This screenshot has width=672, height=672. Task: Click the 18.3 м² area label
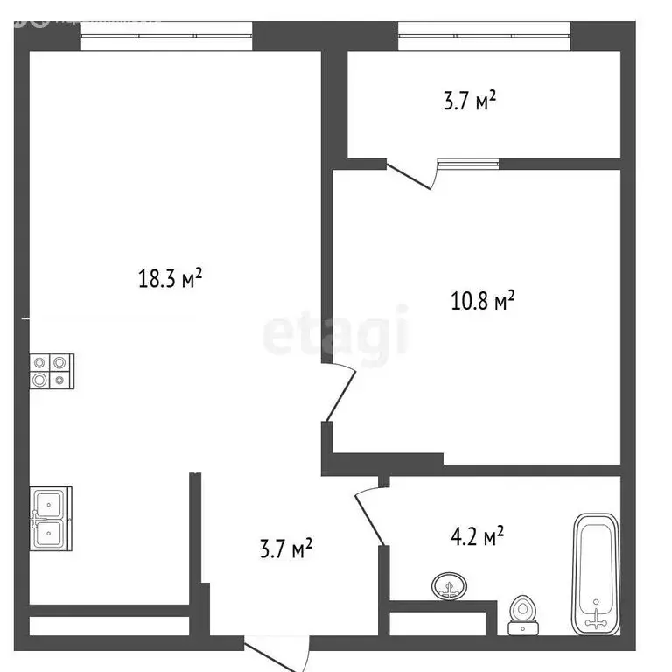(171, 279)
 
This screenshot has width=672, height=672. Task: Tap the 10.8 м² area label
(480, 303)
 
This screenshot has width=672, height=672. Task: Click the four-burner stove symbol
(51, 371)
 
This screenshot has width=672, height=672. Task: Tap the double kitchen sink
(52, 519)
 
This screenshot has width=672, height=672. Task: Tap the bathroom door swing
(368, 516)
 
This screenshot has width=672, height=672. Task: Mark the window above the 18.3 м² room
(166, 37)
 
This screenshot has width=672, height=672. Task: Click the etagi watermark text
(336, 332)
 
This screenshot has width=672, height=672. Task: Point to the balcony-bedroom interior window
(468, 163)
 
